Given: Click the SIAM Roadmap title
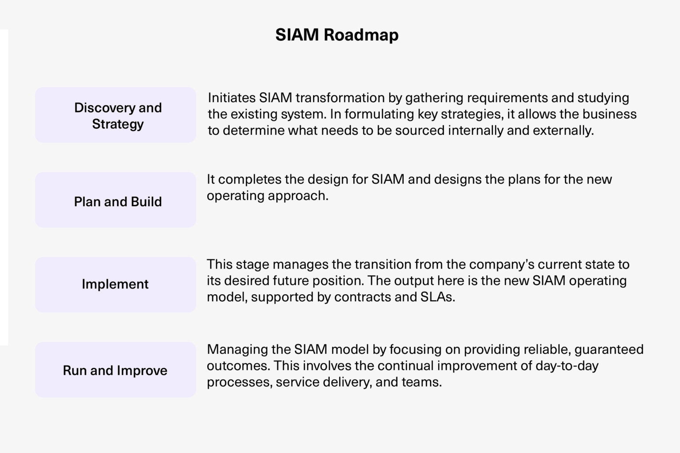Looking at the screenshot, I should (x=336, y=35).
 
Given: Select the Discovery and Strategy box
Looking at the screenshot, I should (x=116, y=115).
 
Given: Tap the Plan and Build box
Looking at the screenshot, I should (x=116, y=200).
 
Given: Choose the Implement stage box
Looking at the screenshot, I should (x=116, y=284).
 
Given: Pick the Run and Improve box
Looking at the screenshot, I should (x=116, y=370).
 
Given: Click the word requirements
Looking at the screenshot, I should (x=514, y=98).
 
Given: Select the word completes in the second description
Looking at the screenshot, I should (x=250, y=179).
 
